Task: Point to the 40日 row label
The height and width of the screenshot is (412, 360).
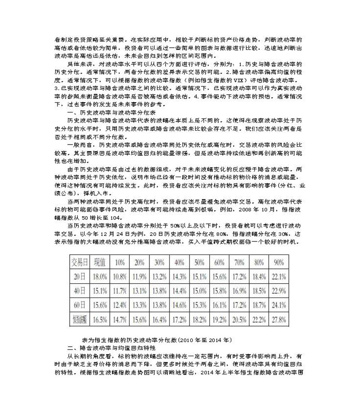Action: click(x=78, y=291)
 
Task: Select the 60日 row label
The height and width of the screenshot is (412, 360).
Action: click(x=78, y=305)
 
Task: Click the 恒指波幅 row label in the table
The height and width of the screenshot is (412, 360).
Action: click(x=78, y=319)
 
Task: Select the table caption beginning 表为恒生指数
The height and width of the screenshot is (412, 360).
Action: click(x=161, y=340)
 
